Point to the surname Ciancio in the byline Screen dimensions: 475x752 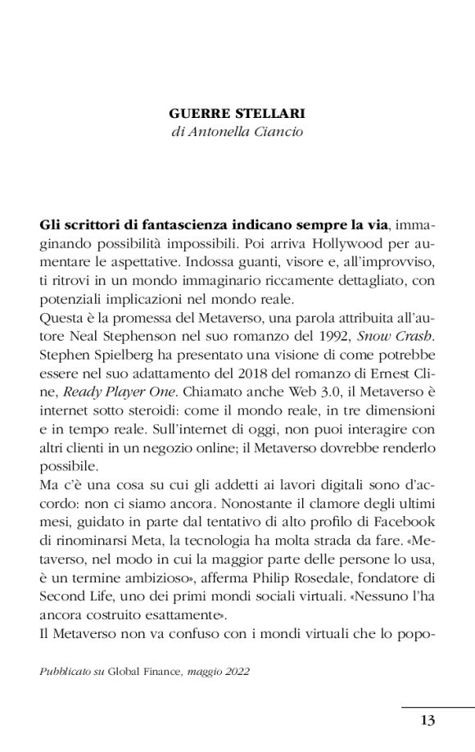pyautogui.click(x=281, y=131)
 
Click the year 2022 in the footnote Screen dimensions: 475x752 pyautogui.click(x=235, y=670)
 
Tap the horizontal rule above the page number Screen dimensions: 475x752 pyautogui.click(x=437, y=705)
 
